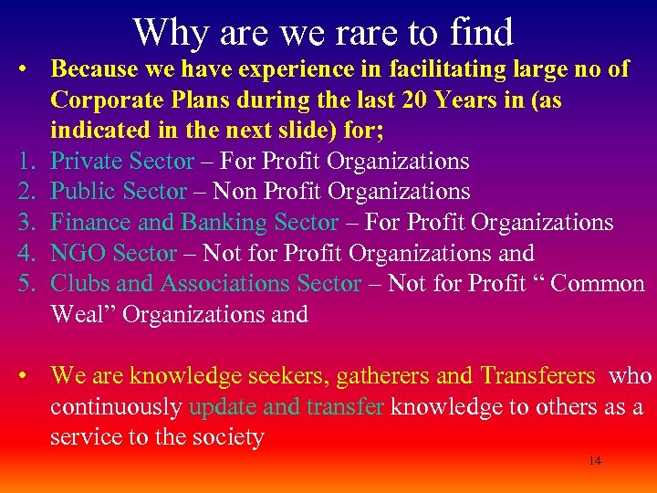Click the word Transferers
538,375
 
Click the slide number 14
595,461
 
